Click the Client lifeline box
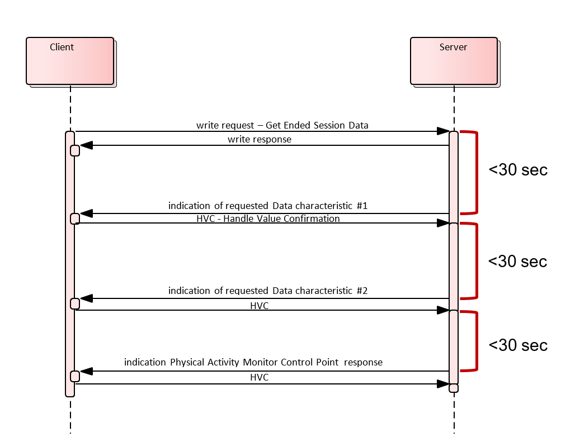point(70,61)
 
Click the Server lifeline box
point(454,61)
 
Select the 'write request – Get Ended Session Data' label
point(282,125)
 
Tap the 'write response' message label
point(259,139)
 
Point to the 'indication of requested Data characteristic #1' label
point(267,206)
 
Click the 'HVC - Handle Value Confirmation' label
point(268,218)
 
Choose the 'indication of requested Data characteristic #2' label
point(267,291)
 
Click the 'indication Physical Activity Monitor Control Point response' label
point(253,362)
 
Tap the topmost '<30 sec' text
point(517,170)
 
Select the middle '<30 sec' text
point(517,261)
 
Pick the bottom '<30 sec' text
point(517,345)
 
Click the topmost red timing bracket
point(477,172)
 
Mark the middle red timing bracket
point(477,260)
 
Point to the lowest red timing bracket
point(477,341)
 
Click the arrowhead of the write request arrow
point(443,131)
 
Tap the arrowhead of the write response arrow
point(87,145)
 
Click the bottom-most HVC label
point(259,378)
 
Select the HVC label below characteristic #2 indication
point(259,305)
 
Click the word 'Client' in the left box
point(62,47)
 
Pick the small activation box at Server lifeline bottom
point(454,388)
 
